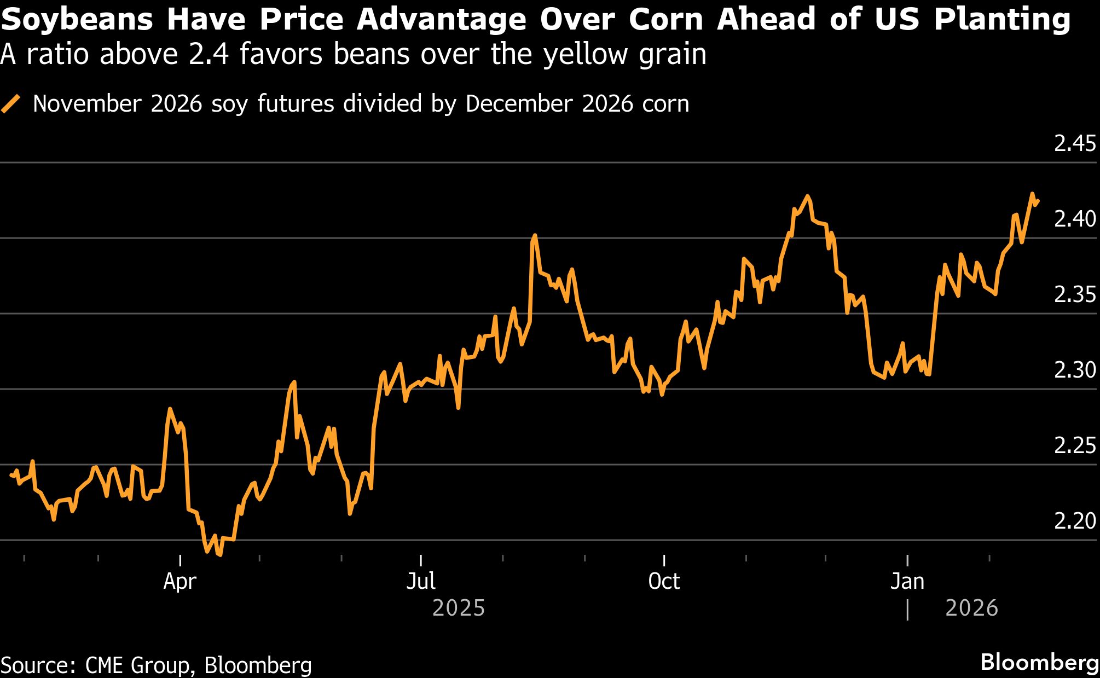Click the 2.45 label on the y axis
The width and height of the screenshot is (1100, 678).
pyautogui.click(x=1075, y=144)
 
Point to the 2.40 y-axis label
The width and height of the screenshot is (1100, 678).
pyautogui.click(x=1075, y=219)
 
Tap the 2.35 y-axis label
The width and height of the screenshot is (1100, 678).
pyautogui.click(x=1075, y=295)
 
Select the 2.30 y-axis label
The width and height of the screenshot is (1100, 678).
pyautogui.click(x=1075, y=370)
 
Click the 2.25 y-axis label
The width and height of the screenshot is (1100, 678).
pyautogui.click(x=1075, y=446)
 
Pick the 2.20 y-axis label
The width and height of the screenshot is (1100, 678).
pyautogui.click(x=1075, y=521)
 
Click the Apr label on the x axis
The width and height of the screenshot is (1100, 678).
pyautogui.click(x=180, y=581)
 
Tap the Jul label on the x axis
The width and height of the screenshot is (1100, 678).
pyautogui.click(x=421, y=581)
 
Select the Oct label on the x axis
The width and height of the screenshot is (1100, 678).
pyautogui.click(x=664, y=581)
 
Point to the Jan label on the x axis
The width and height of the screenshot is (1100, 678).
pyautogui.click(x=907, y=581)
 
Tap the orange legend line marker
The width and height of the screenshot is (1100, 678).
pyautogui.click(x=11, y=104)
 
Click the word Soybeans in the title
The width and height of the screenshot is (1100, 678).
pyautogui.click(x=77, y=20)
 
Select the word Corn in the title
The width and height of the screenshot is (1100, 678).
pyautogui.click(x=665, y=20)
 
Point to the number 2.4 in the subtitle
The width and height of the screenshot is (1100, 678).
pyautogui.click(x=206, y=55)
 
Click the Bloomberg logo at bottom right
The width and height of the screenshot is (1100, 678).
pyautogui.click(x=1039, y=663)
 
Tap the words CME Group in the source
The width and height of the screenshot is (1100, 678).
pyautogui.click(x=137, y=665)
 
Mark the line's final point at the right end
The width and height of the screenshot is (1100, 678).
pyautogui.click(x=1038, y=201)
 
